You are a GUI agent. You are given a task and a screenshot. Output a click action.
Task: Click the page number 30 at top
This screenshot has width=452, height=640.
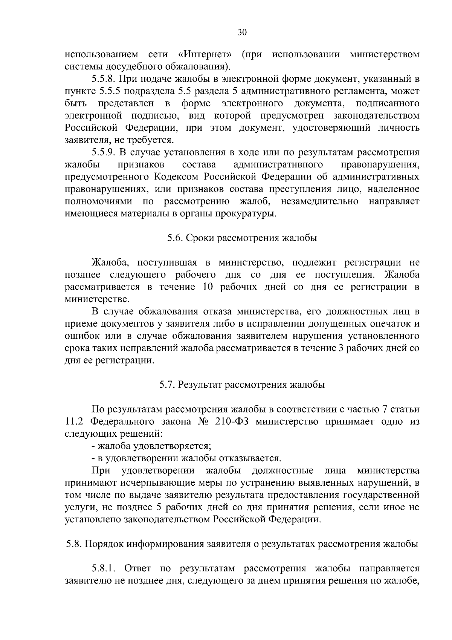tap(242, 32)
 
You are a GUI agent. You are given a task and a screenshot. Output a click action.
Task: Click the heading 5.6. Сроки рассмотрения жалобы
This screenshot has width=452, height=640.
tap(242, 238)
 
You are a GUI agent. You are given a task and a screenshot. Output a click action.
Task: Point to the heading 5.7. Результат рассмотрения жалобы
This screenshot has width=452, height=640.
tap(242, 385)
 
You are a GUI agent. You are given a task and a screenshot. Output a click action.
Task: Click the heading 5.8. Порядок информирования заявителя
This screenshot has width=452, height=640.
tap(242, 544)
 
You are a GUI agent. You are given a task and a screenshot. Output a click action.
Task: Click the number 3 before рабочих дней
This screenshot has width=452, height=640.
tap(341, 348)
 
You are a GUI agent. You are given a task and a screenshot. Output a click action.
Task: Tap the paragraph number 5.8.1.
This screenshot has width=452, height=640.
tap(105, 569)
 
